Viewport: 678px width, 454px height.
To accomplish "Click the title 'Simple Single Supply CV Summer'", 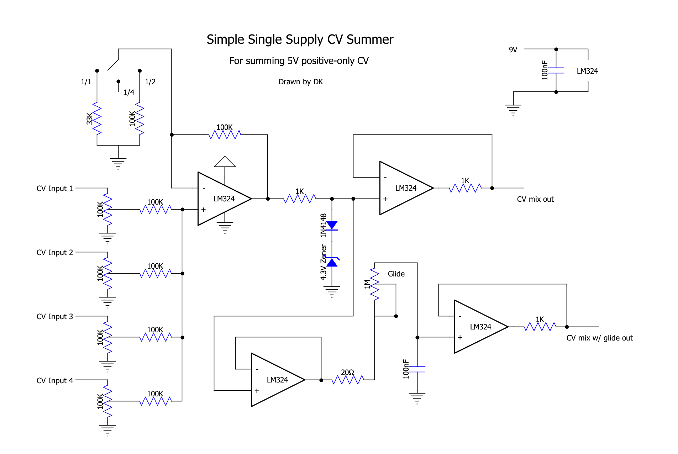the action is [x=300, y=39].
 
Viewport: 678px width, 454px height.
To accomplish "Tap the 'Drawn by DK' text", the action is [x=301, y=82].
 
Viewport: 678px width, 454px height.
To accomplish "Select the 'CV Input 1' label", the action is [x=54, y=188].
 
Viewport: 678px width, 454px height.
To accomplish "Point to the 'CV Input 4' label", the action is [x=54, y=380].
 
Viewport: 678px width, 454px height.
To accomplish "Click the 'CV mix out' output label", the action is [x=535, y=199].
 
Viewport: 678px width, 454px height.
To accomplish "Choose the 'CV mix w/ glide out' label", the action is [x=600, y=338].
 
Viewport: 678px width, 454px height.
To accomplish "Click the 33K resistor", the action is [x=97, y=118].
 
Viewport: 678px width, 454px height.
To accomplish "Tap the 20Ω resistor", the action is [x=348, y=380].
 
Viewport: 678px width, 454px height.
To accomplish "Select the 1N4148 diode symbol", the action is [x=332, y=226].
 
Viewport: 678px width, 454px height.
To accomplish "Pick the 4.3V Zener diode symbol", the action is [x=332, y=262].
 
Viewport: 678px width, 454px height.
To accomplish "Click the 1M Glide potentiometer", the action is [x=375, y=284].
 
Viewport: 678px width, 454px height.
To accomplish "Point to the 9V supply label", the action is [x=513, y=50].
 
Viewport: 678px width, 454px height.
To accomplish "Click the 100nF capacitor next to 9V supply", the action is [x=556, y=70].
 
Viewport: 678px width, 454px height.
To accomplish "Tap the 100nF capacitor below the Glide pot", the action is [x=417, y=369].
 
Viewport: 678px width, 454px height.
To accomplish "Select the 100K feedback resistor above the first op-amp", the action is [x=225, y=135].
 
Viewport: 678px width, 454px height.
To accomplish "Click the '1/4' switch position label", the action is [x=129, y=93].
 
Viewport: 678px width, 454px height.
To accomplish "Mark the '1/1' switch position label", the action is [x=86, y=82].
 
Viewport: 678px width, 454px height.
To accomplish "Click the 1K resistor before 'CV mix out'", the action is [x=465, y=188].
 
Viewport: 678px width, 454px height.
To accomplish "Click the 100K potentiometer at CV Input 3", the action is [x=107, y=337].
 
